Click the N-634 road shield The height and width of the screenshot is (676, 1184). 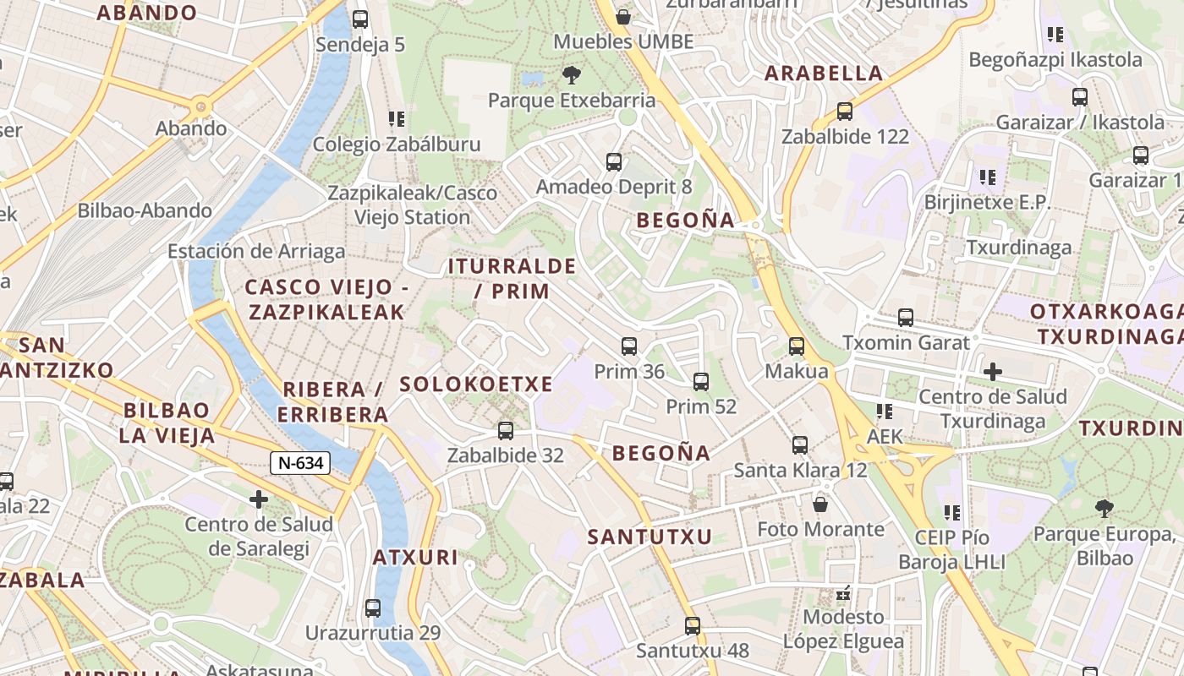[299, 463]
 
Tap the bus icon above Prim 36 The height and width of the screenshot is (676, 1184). [629, 346]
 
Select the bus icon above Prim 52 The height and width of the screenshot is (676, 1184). [701, 381]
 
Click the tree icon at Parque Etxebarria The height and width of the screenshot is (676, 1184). [572, 75]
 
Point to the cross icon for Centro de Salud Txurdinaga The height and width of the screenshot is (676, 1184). [993, 371]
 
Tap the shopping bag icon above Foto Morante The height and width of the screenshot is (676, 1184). [819, 504]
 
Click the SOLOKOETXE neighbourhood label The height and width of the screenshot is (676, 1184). [476, 384]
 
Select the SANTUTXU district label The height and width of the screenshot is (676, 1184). [650, 537]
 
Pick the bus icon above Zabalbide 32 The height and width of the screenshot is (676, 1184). [506, 430]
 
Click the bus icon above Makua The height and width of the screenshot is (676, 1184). [797, 346]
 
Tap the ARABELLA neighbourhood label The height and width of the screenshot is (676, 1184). [824, 74]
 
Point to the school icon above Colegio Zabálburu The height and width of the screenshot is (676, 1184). [397, 119]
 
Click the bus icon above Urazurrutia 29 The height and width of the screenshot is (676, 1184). [373, 608]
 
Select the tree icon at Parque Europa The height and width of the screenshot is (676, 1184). [1104, 508]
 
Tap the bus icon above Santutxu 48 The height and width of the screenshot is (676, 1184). [693, 626]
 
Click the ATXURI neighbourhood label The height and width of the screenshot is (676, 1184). [415, 558]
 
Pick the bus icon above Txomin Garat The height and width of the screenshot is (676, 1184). [906, 318]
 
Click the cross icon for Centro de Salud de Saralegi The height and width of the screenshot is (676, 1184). [259, 499]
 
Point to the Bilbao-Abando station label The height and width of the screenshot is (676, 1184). [145, 211]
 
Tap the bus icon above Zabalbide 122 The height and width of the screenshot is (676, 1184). [845, 111]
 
